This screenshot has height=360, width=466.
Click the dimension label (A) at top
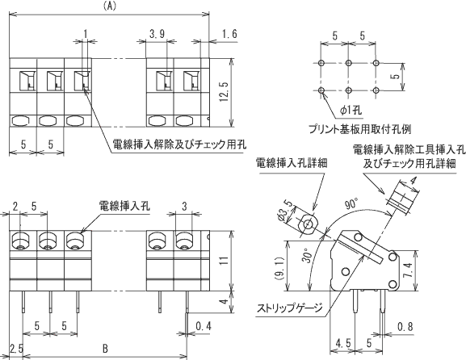coord(109,6)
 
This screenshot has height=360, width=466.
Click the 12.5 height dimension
coord(225,92)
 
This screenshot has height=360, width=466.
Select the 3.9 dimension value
coord(157,35)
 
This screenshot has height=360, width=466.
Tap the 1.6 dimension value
coord(229,34)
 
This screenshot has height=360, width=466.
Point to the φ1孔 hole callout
coord(351,111)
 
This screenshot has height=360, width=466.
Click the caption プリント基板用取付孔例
coord(360,129)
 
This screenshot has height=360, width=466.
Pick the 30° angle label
coord(307,257)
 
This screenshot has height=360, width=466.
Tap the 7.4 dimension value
coord(408,270)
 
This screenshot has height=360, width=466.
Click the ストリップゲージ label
coord(290,308)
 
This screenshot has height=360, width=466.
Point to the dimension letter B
coord(105,349)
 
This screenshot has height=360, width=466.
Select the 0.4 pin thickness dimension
coord(204,326)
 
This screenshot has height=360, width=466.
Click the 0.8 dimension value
coord(405,327)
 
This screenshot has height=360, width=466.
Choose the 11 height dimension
coord(225,261)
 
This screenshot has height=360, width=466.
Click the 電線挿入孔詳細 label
coord(292,163)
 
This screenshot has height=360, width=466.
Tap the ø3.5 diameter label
coord(286,211)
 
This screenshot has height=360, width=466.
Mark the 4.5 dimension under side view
coord(343,343)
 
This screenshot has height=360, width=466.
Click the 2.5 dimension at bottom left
coord(16,349)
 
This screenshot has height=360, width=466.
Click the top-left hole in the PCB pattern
coord(321,63)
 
